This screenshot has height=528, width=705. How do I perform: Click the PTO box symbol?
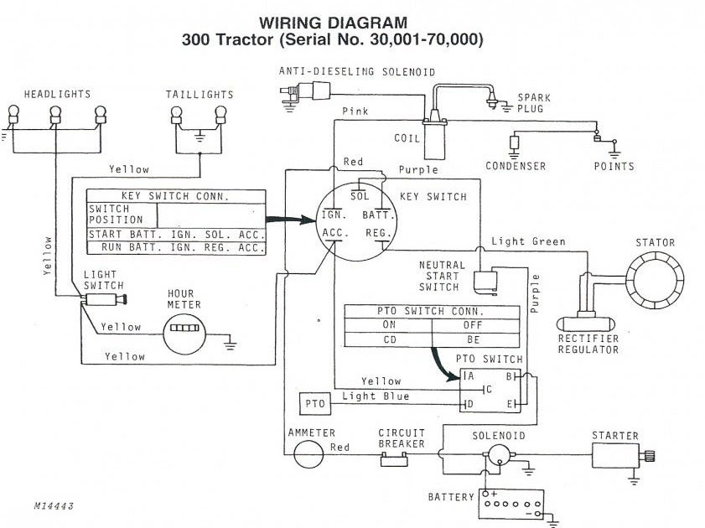pos(315,405)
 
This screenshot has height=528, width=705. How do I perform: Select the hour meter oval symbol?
pos(182,328)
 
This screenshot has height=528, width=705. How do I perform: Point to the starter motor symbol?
pos(620,455)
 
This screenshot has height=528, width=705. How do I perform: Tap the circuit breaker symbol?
pos(394,459)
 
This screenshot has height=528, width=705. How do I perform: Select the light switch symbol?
pos(104,298)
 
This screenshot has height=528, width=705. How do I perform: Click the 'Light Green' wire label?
pos(528,241)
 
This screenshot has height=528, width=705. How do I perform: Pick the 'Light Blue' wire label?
pos(376,396)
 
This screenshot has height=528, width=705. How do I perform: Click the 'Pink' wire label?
pos(355,111)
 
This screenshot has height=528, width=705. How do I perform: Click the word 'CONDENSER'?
pos(516,166)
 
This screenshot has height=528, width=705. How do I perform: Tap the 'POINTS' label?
pos(614,166)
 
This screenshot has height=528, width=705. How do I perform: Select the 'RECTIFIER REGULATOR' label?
pos(588,344)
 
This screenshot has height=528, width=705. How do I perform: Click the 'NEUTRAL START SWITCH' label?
pos(441,277)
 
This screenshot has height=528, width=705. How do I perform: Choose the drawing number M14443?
pos(54,507)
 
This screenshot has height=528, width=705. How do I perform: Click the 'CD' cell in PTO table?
pos(389,340)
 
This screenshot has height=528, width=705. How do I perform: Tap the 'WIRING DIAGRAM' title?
pos(334,23)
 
